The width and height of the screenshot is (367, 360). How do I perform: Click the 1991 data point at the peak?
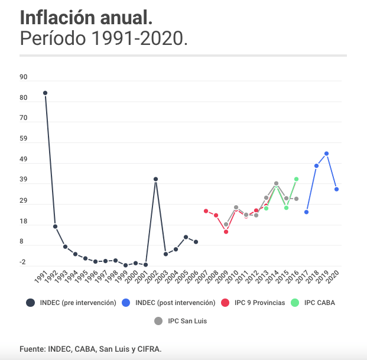(x=45, y=93)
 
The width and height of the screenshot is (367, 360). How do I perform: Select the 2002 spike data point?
(x=155, y=179)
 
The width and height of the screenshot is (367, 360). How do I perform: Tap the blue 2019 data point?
(x=326, y=154)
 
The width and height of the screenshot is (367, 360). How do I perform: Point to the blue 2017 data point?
(x=306, y=212)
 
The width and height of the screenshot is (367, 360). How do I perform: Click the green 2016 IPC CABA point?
(x=296, y=179)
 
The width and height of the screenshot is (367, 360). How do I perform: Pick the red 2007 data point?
(x=206, y=211)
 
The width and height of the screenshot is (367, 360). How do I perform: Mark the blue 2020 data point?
(x=336, y=189)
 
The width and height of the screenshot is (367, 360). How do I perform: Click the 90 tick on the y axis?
(x=24, y=77)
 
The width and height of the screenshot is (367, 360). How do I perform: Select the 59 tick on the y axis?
(x=24, y=139)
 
